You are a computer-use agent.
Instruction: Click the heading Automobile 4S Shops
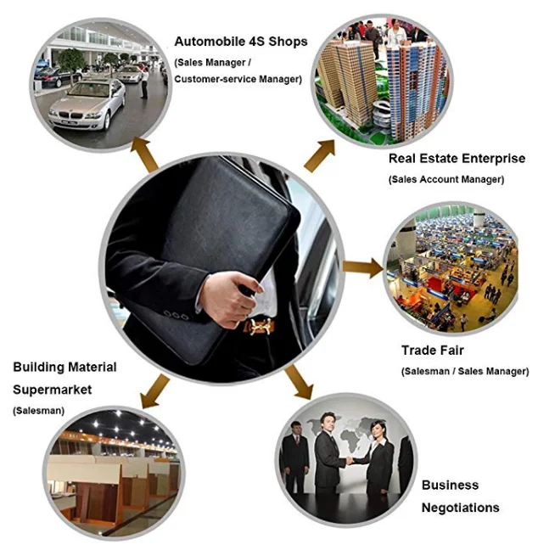click(x=241, y=41)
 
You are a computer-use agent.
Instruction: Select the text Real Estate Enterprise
click(x=457, y=158)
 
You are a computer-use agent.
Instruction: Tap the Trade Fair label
click(x=433, y=350)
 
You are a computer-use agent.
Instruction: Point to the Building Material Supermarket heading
click(x=64, y=379)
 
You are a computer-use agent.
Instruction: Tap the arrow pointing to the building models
click(x=321, y=153)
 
